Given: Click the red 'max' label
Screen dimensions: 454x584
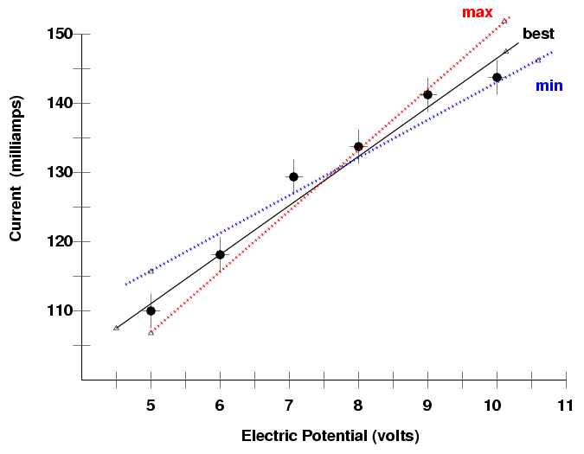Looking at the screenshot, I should (477, 12).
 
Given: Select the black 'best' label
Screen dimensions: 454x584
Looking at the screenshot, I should (538, 35).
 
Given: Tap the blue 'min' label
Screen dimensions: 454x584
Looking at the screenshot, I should (549, 86).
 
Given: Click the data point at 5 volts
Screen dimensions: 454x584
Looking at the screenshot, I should (151, 310).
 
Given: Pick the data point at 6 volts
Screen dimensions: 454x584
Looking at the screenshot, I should (220, 254).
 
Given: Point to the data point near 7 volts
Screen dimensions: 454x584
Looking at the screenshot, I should (293, 176).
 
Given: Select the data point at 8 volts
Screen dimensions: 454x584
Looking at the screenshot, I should (358, 146).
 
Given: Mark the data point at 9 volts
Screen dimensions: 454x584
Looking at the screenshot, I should (427, 94).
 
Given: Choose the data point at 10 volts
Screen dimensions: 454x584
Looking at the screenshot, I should (497, 77).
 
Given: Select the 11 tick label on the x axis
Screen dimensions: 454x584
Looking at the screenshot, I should (566, 406).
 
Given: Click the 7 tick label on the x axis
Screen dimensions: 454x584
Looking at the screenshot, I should (289, 406).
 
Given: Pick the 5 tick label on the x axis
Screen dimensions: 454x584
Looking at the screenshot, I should (151, 406).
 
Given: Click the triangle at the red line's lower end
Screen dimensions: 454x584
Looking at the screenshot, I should (151, 332).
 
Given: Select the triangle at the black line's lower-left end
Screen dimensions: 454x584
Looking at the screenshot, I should (116, 328).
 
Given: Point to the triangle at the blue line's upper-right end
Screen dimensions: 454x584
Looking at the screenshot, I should (538, 60).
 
